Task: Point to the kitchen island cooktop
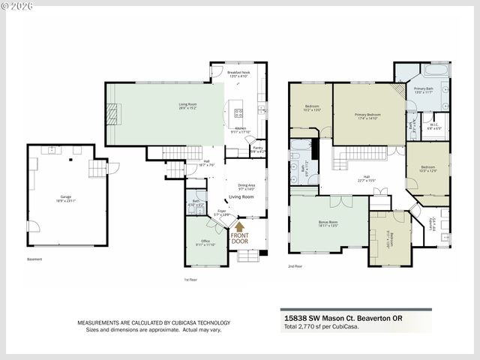coord(239,114)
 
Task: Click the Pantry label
coord(256,149)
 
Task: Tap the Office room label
coord(205,242)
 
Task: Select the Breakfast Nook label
coord(237,73)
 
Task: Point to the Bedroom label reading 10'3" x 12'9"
coord(427,169)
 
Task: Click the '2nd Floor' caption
coord(295,265)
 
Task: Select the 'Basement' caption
coord(34,259)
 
